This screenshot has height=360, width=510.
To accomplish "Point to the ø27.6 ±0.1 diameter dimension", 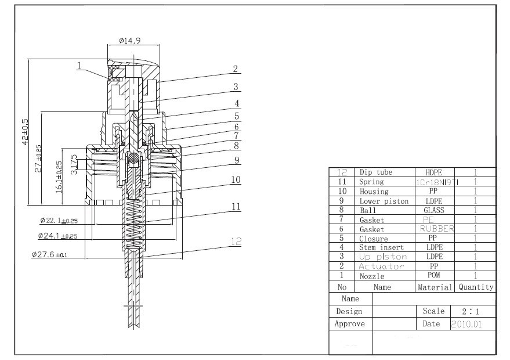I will point(49,254).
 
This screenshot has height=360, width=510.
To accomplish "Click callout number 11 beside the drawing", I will point(236,206).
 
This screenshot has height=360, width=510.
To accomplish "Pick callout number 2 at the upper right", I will point(236,69).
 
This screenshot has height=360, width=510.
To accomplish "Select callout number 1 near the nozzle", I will point(79,66).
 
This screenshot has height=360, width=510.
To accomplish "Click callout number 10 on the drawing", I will point(236,180).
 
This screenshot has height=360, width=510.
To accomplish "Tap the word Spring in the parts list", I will point(371,182).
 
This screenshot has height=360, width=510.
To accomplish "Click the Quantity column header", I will point(476,287).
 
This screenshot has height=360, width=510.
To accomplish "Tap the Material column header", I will point(435,287).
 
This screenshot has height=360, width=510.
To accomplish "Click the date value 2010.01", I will point(466,324).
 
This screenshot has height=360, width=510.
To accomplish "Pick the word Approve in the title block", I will point(350,324).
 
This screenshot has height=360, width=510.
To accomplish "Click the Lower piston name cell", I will point(384,201).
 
